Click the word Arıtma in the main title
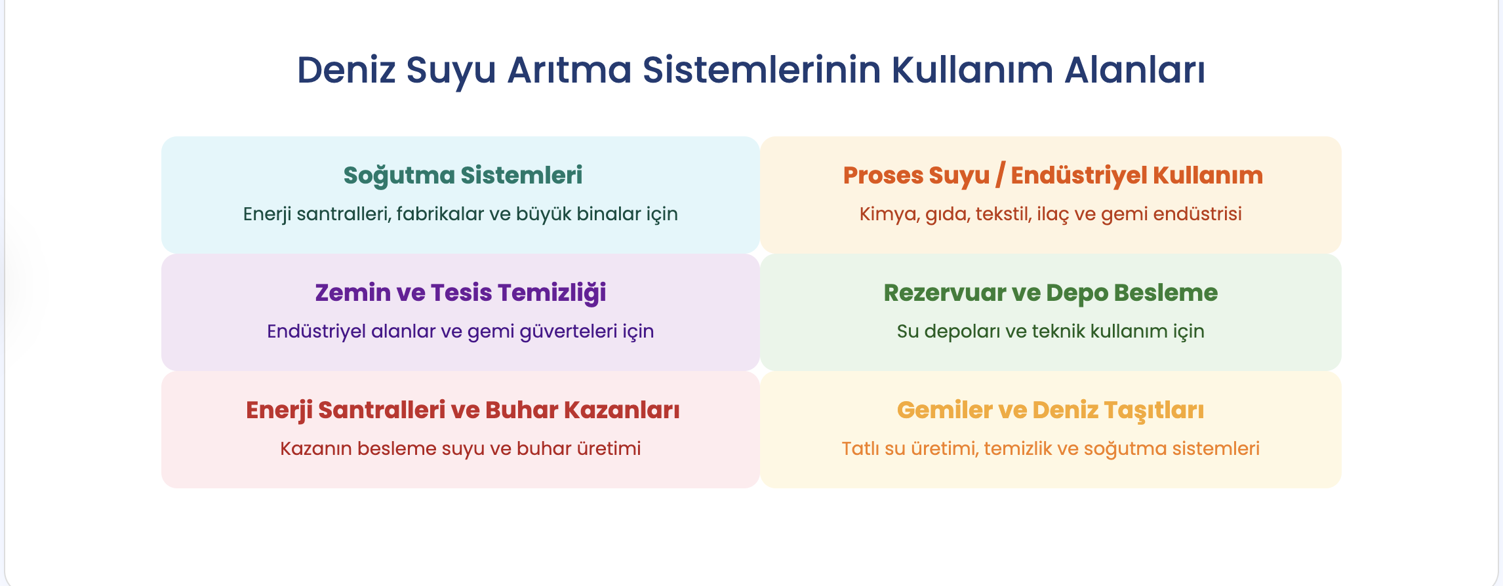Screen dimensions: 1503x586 [x=569, y=69]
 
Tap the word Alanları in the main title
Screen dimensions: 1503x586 [x=1134, y=69]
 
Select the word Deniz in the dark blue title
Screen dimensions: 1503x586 [x=347, y=69]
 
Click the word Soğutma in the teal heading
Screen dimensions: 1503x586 [x=399, y=176]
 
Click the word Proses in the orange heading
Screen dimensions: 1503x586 [x=882, y=176]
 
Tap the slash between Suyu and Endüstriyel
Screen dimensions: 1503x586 [x=1000, y=176]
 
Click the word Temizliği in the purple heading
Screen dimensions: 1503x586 [x=551, y=293]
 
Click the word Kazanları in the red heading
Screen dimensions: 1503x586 [x=622, y=410]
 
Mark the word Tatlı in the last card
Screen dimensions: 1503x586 [x=861, y=448]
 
